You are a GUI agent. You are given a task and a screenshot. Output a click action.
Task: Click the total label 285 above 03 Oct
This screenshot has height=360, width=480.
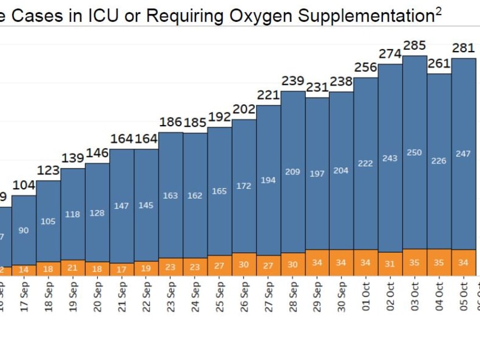415,45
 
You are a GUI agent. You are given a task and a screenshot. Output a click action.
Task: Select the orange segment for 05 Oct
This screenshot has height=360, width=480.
464,263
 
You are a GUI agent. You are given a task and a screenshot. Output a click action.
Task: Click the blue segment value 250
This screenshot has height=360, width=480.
415,153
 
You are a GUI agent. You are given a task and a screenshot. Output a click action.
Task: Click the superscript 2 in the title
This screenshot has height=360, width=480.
438,11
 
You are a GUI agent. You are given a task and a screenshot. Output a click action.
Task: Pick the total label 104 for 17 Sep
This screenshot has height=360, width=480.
24,185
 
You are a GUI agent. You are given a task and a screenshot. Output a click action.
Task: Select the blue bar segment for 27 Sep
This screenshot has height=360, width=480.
268,180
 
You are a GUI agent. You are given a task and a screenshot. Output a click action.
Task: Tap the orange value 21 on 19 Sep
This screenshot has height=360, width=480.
73,268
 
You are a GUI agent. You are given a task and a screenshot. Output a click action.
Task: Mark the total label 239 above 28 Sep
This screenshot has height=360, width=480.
293,80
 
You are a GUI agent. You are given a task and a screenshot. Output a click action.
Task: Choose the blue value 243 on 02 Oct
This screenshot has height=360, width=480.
390,158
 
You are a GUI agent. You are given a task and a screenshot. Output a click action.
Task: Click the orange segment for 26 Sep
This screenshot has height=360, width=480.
244,264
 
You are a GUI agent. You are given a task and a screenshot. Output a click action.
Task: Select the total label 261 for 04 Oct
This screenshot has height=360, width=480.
440,63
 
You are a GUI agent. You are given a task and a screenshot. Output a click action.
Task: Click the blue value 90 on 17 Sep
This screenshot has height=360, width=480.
24,230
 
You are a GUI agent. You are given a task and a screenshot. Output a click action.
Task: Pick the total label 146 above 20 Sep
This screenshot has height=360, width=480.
97,153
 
